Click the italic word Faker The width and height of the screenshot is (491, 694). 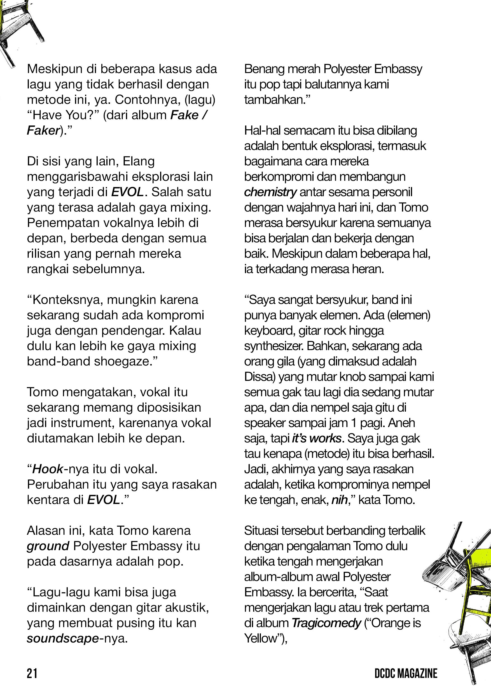pos(43,131)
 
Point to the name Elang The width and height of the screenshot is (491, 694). pos(139,161)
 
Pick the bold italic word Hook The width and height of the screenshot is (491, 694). pos(48,469)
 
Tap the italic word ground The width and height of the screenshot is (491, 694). pos(48,546)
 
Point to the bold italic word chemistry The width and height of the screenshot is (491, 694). pos(270,192)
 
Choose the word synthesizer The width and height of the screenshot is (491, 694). pos(273,346)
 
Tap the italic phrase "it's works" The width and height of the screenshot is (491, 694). pos(317,439)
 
